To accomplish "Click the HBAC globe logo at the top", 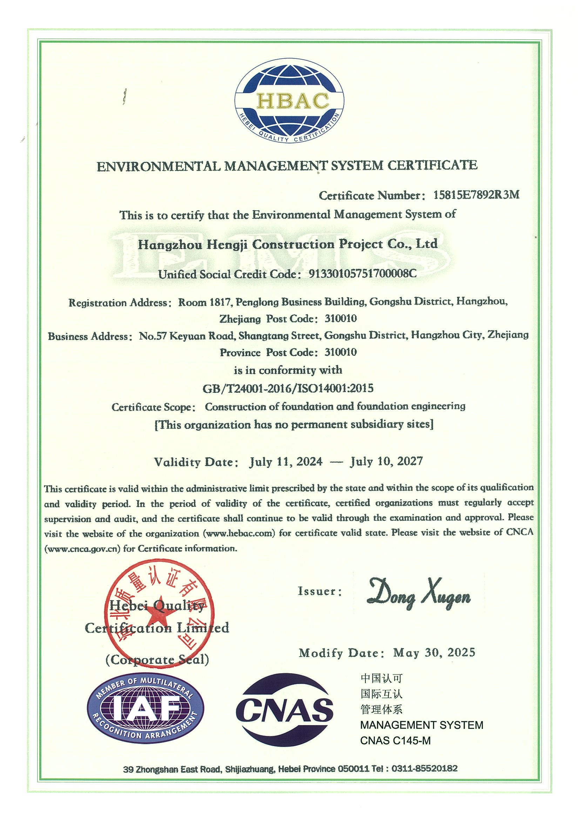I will (x=289, y=101).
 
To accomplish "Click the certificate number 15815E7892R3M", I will (x=476, y=195).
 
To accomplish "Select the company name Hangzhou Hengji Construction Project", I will (x=288, y=244).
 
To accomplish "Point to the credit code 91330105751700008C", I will (x=362, y=274).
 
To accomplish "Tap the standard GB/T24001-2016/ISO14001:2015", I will (x=288, y=388).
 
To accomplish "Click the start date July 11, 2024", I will (x=285, y=462).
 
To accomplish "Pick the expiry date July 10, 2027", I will (x=387, y=462).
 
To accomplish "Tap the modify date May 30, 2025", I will (x=434, y=653).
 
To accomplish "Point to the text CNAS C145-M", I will (x=395, y=741).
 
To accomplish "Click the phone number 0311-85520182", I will (x=424, y=768).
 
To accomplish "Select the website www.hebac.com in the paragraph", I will (x=239, y=534).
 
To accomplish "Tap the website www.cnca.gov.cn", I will (x=82, y=548).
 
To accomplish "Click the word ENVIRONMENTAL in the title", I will (x=159, y=166).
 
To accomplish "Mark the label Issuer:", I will (x=320, y=592).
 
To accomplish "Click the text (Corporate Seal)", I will (x=157, y=659).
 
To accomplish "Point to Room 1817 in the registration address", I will (x=205, y=302).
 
